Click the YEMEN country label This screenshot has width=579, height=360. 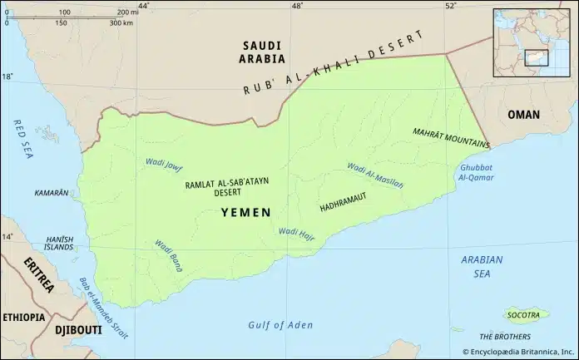point(245,213)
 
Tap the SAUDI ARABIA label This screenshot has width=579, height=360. point(262,52)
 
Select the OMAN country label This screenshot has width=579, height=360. point(523,115)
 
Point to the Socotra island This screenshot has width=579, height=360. point(526,314)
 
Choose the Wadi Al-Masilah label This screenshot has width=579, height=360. point(374,175)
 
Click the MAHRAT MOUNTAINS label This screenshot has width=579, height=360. point(449,137)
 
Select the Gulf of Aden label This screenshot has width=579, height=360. point(280,324)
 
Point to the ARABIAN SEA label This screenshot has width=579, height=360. point(482,265)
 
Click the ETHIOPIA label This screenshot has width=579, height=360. point(24,317)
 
